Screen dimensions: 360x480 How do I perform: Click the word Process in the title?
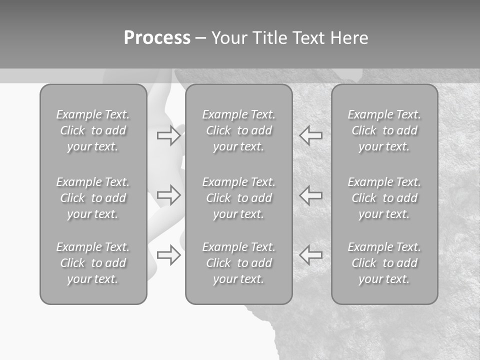(157, 38)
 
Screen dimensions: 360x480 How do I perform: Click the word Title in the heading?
(269, 38)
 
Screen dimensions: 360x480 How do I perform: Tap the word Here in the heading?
(349, 38)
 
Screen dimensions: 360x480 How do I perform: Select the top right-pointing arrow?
(169, 135)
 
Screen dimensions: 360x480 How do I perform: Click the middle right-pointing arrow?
(169, 195)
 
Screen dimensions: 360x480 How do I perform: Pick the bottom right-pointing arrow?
(169, 255)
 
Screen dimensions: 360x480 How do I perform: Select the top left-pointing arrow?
(310, 135)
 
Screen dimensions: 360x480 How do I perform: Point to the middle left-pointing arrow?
(310, 195)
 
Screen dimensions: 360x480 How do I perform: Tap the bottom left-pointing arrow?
(310, 255)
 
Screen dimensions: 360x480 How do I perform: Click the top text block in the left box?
(93, 130)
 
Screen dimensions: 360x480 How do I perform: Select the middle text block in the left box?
(93, 198)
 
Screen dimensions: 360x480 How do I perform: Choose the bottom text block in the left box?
(93, 263)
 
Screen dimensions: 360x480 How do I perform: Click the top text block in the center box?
(238, 130)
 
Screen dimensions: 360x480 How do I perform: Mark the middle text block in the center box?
(238, 198)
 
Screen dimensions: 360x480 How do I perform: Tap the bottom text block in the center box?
(238, 263)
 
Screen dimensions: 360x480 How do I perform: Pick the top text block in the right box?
(384, 130)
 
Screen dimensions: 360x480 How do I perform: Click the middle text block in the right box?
(384, 198)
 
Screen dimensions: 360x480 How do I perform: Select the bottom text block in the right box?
(384, 263)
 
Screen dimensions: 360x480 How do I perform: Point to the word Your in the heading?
(229, 38)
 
